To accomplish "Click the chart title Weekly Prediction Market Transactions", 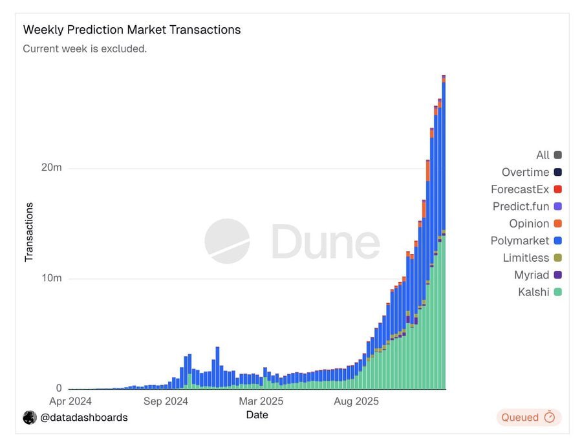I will point(132,30).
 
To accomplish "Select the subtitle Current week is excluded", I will point(85,48).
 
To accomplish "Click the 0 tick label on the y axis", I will point(59,388).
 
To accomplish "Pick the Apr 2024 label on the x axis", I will point(70,401).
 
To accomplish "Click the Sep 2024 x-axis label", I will point(166,401).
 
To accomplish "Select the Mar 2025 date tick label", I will point(261,401).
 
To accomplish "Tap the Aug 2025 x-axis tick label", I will point(356,401).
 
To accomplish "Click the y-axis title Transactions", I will point(29,232).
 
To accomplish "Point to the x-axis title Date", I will point(257,415).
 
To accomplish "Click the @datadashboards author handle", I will point(83,418).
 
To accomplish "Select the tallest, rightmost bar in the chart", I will point(444,233).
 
